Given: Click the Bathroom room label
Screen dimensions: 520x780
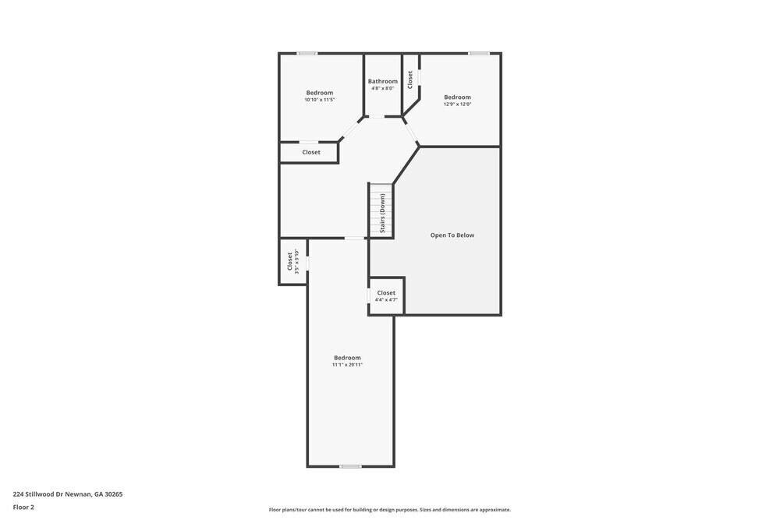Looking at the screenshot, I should point(383,81).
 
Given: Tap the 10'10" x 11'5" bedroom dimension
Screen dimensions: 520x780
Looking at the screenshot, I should point(319,100).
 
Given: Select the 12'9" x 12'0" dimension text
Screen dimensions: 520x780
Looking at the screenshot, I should point(458,104).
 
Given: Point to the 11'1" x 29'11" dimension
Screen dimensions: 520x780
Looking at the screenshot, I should point(347,365).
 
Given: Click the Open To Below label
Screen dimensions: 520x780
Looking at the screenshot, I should point(452,235).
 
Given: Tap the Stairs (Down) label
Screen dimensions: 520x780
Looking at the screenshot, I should point(382,213).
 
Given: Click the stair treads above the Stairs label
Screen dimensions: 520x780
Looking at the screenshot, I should point(381,189).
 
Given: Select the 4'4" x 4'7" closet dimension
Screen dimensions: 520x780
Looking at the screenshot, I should point(386,300).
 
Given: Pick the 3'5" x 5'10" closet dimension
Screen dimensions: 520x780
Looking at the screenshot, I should point(297,261).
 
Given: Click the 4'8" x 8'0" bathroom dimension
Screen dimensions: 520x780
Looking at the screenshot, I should point(383,88).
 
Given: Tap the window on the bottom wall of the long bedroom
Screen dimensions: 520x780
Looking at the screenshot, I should point(350,466).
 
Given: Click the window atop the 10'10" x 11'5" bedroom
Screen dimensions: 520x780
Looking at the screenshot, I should point(307,53).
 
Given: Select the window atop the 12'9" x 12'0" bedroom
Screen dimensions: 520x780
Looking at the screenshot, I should point(479,53).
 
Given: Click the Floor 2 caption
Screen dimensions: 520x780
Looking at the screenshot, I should point(23,507).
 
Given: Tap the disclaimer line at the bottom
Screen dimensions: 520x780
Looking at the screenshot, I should point(390,510).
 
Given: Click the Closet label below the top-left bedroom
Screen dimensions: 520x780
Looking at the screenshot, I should point(311,152).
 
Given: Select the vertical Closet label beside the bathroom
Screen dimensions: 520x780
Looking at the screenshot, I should point(410,80).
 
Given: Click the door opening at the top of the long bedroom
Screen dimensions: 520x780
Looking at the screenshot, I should point(355,238).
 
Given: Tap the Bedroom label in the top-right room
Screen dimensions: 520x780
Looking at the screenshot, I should point(458,97).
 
